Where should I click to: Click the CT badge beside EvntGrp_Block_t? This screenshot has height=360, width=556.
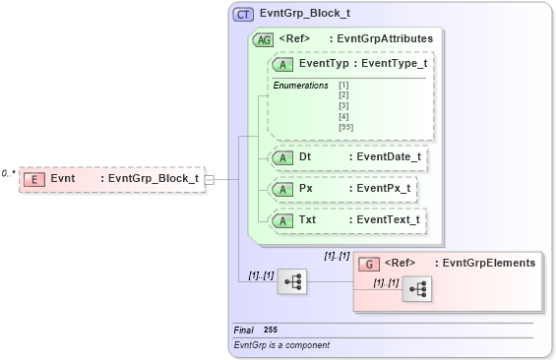242,14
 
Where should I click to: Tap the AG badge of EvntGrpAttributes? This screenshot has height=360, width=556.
263,39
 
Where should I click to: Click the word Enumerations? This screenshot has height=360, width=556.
301,86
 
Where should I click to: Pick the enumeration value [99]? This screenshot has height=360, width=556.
344,127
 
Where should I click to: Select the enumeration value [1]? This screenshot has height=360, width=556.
343,86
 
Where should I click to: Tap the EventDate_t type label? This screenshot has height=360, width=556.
388,156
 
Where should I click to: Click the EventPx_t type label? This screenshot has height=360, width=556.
383,188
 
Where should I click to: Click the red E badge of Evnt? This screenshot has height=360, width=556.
34,179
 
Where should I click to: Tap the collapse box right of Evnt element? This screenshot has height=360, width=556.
209,179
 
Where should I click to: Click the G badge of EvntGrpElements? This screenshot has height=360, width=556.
369,264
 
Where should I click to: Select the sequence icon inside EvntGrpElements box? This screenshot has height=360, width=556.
416,288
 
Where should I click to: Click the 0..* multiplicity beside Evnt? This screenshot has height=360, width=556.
8,173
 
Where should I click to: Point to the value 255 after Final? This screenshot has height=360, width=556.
271,330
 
